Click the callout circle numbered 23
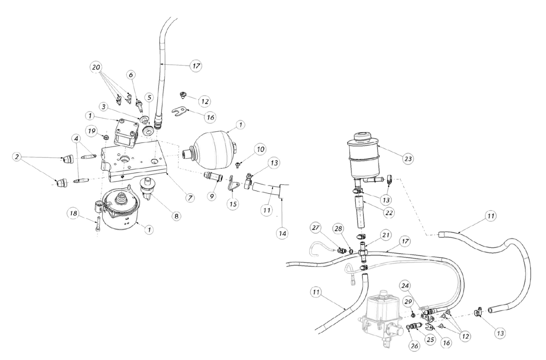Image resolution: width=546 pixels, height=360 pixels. [x=408, y=159]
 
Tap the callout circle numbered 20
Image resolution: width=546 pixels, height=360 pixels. [x=96, y=67]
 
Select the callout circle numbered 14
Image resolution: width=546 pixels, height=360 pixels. [x=282, y=234]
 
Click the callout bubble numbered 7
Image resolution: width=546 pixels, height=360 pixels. [x=189, y=197]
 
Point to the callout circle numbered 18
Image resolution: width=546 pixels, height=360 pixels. [x=73, y=214]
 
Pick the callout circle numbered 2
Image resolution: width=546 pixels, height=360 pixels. [x=17, y=157]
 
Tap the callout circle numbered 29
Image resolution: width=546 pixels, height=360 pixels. [x=407, y=301]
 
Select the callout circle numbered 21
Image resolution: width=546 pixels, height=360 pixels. [x=386, y=235]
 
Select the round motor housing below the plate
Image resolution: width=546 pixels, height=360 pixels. [x=121, y=212]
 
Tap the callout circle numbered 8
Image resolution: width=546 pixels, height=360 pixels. [x=176, y=216]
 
